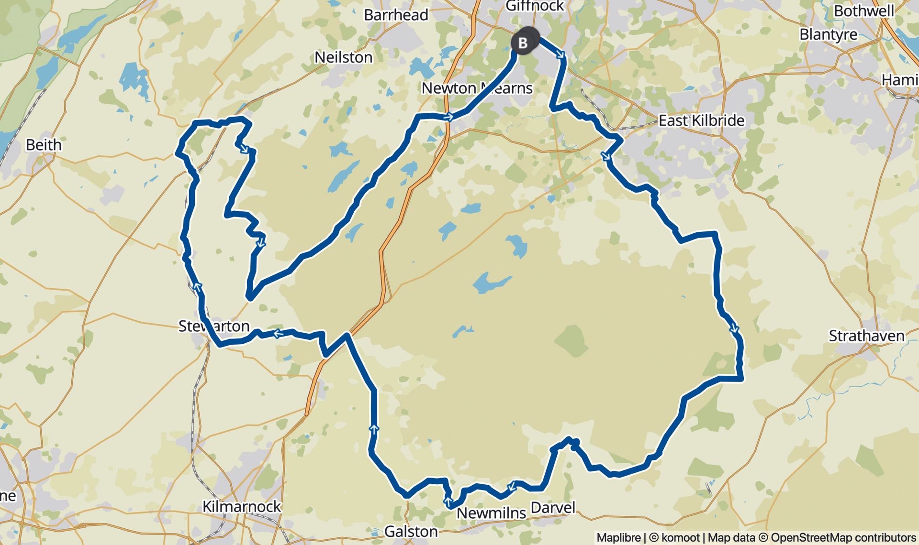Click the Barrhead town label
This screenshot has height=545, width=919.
click(396, 15)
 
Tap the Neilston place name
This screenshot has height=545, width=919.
click(343, 57)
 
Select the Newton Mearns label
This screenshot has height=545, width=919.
click(477, 88)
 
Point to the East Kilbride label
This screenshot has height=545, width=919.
click(701, 120)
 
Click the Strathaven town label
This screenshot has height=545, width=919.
click(866, 336)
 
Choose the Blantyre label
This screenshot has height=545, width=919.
click(828, 34)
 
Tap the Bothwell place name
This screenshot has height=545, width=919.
click(863, 11)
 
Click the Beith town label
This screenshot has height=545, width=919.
click(44, 144)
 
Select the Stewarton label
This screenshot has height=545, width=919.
click(214, 326)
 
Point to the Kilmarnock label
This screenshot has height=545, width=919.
click(242, 506)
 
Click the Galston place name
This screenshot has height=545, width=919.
click(411, 531)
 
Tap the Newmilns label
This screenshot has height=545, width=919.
click(491, 513)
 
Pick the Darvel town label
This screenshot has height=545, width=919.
click(553, 507)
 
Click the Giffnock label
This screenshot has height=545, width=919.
click(535, 6)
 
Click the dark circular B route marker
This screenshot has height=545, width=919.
click(523, 43)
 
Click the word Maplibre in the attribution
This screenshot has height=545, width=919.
click(618, 537)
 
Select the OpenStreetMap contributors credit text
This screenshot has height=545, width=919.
click(843, 537)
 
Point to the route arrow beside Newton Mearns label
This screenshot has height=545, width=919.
click(448, 117)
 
